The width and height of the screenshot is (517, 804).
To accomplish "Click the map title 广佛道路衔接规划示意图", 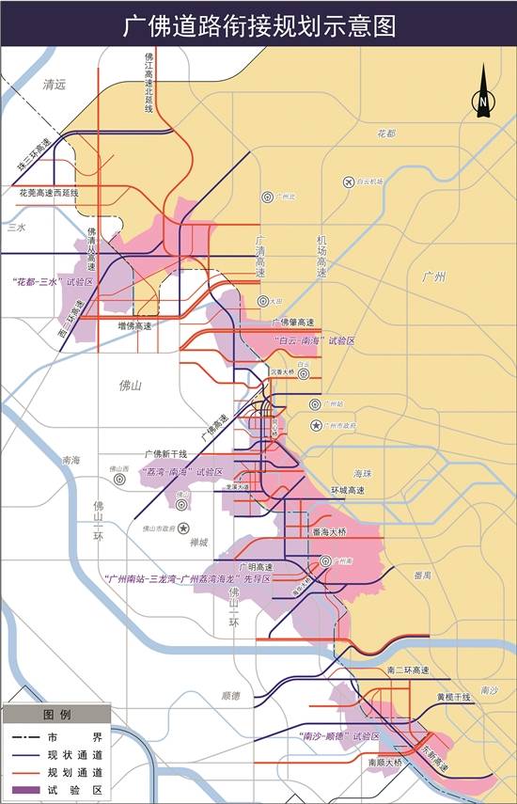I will (x=258, y=25).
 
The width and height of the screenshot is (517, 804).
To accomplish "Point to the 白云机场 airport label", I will (x=369, y=181).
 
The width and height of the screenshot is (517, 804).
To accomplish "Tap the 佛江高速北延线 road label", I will (x=149, y=83).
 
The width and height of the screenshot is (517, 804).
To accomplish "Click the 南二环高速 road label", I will (x=408, y=670).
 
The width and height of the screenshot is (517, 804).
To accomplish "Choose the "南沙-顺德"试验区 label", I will (x=338, y=735).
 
